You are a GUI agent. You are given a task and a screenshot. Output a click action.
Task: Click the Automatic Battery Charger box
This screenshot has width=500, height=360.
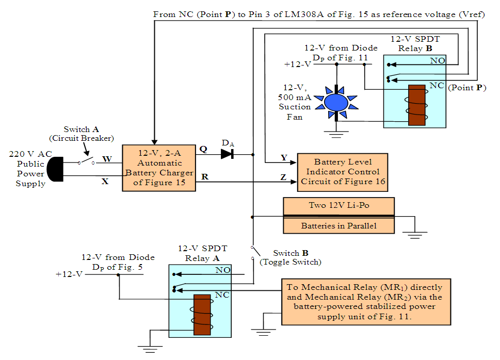(x=159, y=168)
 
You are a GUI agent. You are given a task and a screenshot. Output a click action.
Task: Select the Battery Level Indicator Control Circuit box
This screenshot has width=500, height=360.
(x=343, y=172)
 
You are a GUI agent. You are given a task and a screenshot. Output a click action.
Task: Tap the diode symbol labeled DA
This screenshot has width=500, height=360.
(x=228, y=154)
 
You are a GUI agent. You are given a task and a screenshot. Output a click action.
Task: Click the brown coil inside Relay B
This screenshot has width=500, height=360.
(x=416, y=105)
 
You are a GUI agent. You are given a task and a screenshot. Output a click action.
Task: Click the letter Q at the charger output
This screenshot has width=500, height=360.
(x=203, y=149)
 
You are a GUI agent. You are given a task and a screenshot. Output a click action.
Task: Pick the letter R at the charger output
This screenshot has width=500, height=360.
(x=204, y=177)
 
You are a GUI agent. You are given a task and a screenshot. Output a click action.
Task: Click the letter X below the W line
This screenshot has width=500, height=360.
(x=105, y=181)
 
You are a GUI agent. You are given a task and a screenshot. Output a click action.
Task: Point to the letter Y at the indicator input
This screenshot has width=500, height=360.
(x=284, y=157)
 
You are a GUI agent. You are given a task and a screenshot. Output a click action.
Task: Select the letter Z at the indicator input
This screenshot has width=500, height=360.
(x=283, y=177)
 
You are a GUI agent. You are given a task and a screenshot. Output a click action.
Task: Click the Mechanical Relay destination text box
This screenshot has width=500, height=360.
(x=366, y=302)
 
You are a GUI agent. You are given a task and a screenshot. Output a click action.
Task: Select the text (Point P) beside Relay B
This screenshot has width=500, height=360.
(x=467, y=87)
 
